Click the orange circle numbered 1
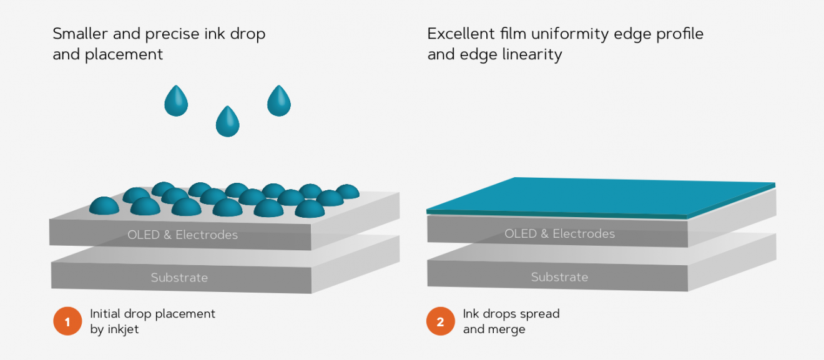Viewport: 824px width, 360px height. point(67,322)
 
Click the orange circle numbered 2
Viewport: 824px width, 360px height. point(441,322)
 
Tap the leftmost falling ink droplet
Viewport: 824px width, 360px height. point(176,101)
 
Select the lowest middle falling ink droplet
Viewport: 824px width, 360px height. point(228,122)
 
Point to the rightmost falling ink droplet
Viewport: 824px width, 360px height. point(279,101)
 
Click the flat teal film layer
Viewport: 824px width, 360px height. point(599,197)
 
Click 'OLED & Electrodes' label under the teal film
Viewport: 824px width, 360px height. point(559,234)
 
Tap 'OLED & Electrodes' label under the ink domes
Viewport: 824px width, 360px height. point(182,235)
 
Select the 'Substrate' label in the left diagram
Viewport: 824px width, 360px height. point(179,278)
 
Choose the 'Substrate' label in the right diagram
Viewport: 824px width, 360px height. point(559,277)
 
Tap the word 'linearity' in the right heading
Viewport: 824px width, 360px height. point(532,54)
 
